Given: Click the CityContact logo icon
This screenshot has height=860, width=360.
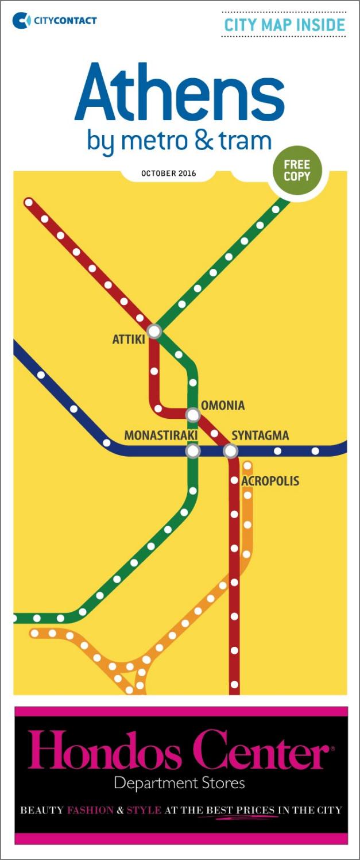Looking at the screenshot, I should click(x=22, y=21).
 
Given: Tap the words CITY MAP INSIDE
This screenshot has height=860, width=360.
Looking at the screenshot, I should click(x=284, y=25).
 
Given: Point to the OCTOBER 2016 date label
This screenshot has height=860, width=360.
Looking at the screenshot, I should click(x=168, y=173).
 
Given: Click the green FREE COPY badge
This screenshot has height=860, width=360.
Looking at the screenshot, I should click(x=296, y=171).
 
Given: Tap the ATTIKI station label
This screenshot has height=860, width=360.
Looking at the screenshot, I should click(x=128, y=340).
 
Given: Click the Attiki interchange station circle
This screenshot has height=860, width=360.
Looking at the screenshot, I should click(x=154, y=331).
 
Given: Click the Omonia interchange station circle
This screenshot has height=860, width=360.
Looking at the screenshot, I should click(x=193, y=414).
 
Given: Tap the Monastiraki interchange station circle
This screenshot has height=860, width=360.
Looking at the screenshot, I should click(x=193, y=451).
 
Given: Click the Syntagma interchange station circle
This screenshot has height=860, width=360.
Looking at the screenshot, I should click(x=230, y=451).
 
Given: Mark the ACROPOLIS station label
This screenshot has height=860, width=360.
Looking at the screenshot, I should click(x=270, y=481).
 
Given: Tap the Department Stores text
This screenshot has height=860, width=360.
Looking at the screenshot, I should click(x=179, y=782).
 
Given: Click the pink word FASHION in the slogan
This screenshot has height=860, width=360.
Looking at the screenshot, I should click(x=90, y=811).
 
